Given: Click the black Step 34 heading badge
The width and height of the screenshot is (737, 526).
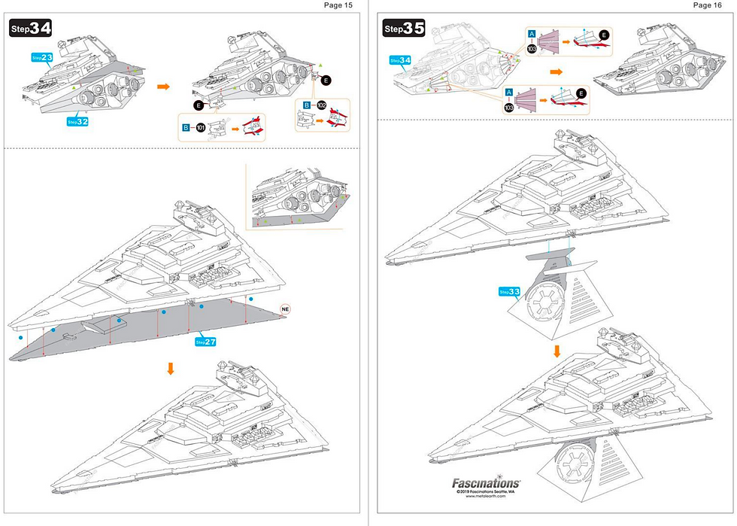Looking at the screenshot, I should pos(31,29).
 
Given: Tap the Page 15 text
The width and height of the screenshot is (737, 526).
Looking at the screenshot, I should pos(338,5).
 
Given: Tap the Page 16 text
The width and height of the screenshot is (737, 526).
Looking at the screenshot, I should pos(707,5).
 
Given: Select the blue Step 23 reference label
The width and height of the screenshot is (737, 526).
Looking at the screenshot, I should pos(42,56).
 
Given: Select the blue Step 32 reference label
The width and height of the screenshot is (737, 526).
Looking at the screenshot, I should pos(77,121).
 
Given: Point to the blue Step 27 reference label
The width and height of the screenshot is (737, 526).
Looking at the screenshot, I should pos(206,342).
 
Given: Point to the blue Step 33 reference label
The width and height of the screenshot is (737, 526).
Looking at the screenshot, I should pos(510,291).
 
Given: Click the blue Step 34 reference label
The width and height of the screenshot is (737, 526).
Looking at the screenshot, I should pos(400,59).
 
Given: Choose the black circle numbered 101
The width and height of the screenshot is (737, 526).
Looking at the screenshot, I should pos(200,128).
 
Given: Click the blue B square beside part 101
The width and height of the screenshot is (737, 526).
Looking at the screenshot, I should pos(185,128).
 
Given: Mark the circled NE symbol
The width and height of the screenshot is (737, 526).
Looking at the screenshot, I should pos(285,309).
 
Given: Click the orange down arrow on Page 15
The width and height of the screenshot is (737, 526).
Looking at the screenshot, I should pos(171,368).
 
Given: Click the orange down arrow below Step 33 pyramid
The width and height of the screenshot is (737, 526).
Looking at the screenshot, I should pos(557,351).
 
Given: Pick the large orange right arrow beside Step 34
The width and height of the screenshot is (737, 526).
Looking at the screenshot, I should pos(162,87).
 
